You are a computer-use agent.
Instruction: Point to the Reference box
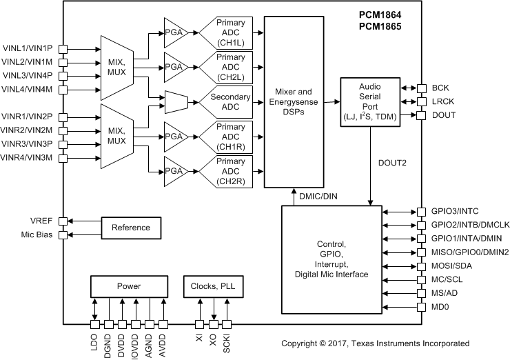[130, 228]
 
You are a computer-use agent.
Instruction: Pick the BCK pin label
[440, 88]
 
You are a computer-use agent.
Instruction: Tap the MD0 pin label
[441, 306]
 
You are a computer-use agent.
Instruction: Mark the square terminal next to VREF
[63, 221]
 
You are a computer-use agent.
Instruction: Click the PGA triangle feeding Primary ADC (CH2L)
[174, 67]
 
